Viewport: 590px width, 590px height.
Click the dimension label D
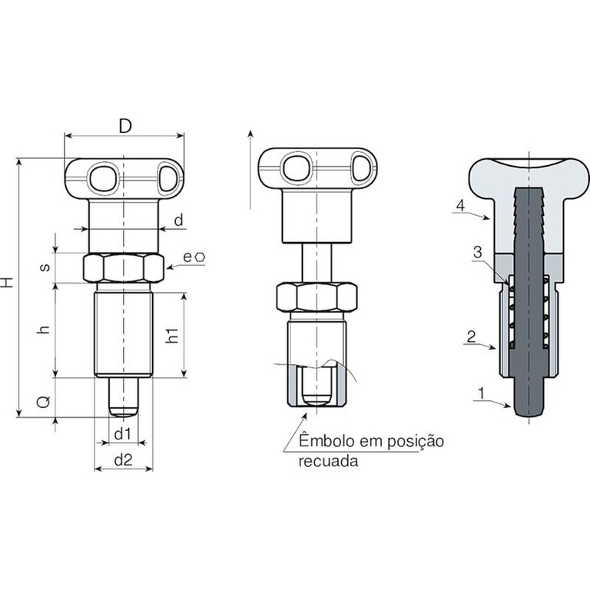(125, 126)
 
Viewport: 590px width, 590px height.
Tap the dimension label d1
(123, 434)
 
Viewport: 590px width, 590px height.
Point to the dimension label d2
(124, 460)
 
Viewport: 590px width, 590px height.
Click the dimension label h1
(172, 335)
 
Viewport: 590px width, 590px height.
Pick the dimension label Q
(44, 402)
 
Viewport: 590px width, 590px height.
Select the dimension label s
(45, 267)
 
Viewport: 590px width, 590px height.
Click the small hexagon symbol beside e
(201, 257)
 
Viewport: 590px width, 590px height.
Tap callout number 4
(461, 205)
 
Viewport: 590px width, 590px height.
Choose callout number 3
(478, 252)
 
